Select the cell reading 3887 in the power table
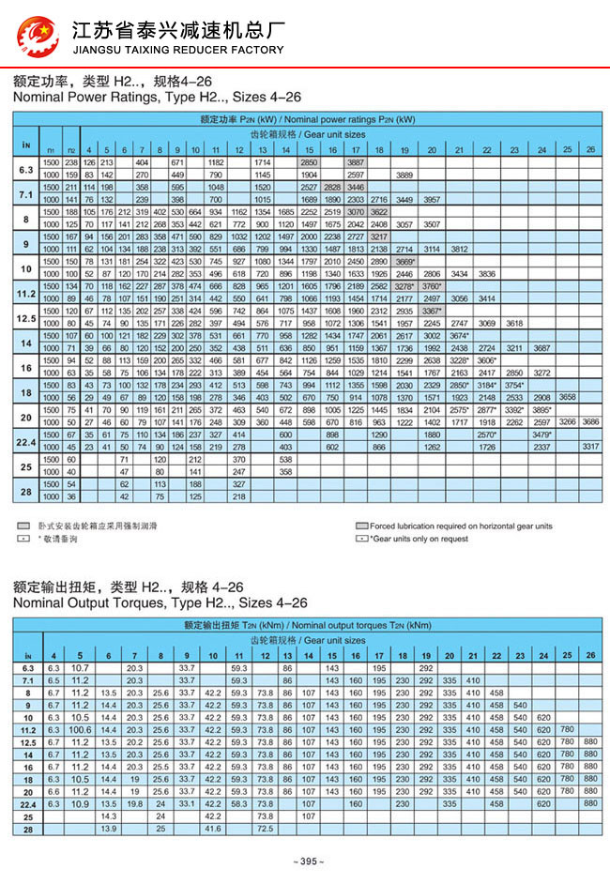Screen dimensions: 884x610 click(355, 162)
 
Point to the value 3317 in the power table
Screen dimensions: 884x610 click(590, 448)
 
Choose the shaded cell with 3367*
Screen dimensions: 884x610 click(432, 310)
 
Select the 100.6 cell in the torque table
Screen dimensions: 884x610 click(80, 729)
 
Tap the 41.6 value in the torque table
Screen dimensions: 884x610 click(212, 830)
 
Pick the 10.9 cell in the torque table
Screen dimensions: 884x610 click(80, 804)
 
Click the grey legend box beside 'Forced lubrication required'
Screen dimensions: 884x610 click(361, 526)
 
